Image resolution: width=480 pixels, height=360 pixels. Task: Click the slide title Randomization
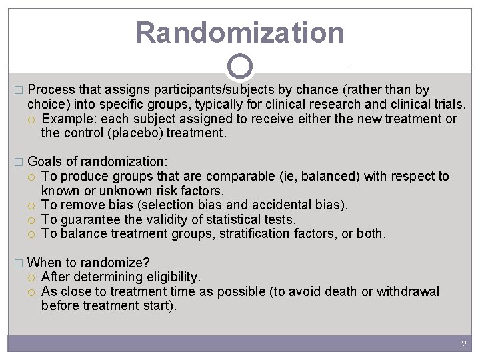[x=240, y=32]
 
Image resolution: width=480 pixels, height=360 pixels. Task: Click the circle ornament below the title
[x=240, y=67]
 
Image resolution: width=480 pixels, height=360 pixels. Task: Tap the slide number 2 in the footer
[x=464, y=344]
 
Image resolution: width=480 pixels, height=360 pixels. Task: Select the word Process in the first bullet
[x=51, y=89]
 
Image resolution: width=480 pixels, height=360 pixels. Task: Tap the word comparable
[x=236, y=177]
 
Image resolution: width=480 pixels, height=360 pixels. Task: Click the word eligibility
[x=170, y=277]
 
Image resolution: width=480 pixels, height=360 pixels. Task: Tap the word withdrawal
[x=408, y=291]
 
